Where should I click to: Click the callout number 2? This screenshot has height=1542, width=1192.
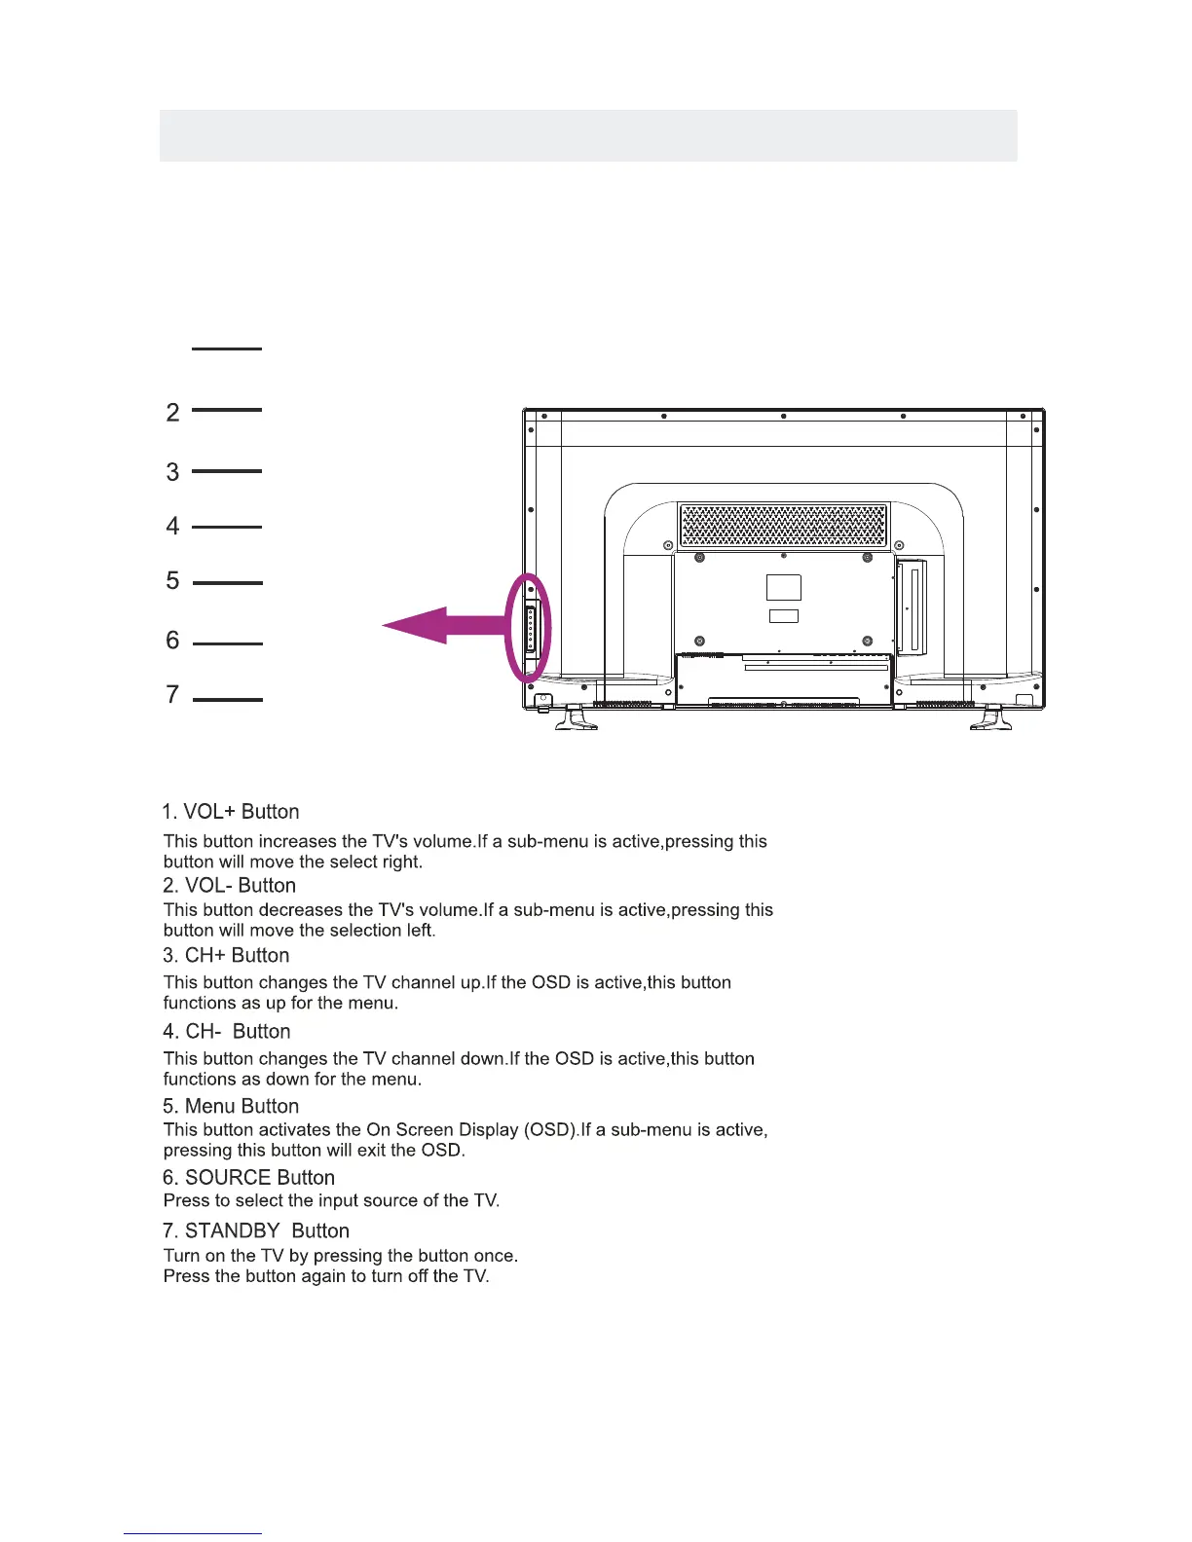(x=173, y=413)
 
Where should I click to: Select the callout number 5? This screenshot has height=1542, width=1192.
(x=173, y=581)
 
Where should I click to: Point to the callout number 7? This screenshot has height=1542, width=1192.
(x=173, y=695)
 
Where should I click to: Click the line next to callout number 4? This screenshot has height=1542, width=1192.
(x=227, y=527)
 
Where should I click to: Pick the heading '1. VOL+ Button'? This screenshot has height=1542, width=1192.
(x=231, y=812)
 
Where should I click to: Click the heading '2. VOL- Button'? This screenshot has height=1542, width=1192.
(x=229, y=886)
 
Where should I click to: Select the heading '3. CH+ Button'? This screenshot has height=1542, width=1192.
(x=226, y=956)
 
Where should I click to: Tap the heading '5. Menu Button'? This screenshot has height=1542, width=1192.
(x=231, y=1107)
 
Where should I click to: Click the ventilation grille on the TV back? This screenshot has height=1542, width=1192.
(x=783, y=526)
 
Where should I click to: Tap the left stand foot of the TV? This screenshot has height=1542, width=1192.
(x=577, y=718)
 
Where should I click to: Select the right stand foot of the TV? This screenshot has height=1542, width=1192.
(x=991, y=718)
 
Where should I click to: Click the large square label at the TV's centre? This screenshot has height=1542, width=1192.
(x=784, y=587)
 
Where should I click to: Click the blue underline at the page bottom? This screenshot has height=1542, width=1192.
(x=193, y=1534)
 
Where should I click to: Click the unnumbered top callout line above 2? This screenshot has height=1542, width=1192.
(x=227, y=348)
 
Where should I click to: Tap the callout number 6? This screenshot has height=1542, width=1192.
(x=173, y=641)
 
